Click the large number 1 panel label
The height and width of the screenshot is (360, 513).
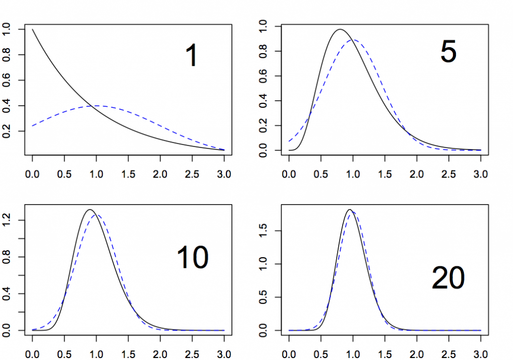click(192, 56)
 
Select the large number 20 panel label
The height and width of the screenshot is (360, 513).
click(448, 278)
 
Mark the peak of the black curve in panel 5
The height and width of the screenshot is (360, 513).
click(340, 29)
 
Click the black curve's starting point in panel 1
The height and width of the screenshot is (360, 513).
click(33, 30)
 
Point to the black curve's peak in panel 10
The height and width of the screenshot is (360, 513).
click(90, 210)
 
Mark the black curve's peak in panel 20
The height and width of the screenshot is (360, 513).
click(350, 210)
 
